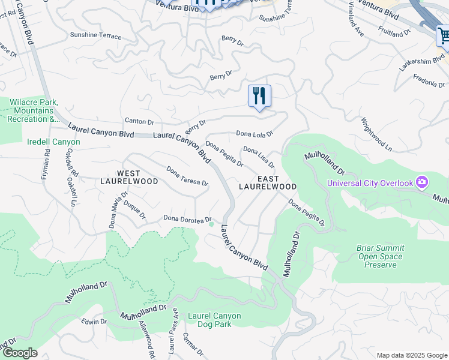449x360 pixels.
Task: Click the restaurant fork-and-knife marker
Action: point(259,96)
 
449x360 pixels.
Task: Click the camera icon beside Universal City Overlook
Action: point(422,182)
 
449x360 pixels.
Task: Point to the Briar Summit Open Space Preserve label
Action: point(381,256)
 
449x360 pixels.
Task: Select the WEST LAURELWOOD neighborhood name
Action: point(129,177)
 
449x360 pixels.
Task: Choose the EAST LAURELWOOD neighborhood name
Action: point(268,183)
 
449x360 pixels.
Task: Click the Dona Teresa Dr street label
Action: point(187,176)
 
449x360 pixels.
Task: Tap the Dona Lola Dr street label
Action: point(255,134)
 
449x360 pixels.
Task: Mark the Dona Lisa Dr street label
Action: point(259,157)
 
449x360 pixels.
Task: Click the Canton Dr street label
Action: point(139,122)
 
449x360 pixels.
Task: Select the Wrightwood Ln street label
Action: point(376,134)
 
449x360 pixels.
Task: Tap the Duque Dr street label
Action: point(134,211)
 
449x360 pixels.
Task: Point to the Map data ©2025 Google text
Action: point(411,355)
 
